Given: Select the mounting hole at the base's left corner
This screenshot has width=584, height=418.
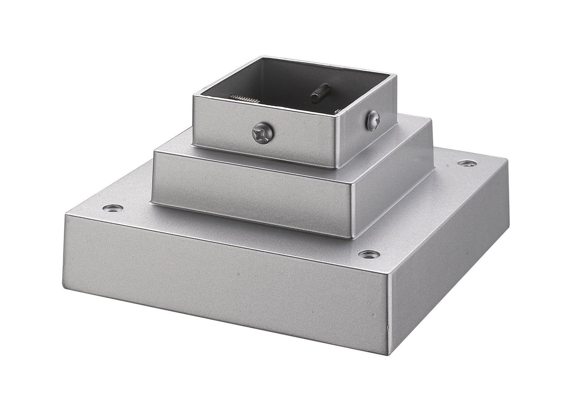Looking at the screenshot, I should (113, 207).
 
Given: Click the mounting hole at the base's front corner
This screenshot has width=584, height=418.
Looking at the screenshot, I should (365, 254).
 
